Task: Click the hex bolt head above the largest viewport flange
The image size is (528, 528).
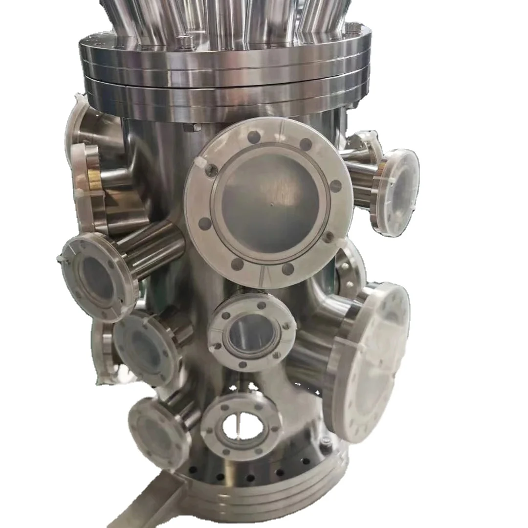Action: (192, 128)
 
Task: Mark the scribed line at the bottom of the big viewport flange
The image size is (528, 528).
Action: (264, 274)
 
